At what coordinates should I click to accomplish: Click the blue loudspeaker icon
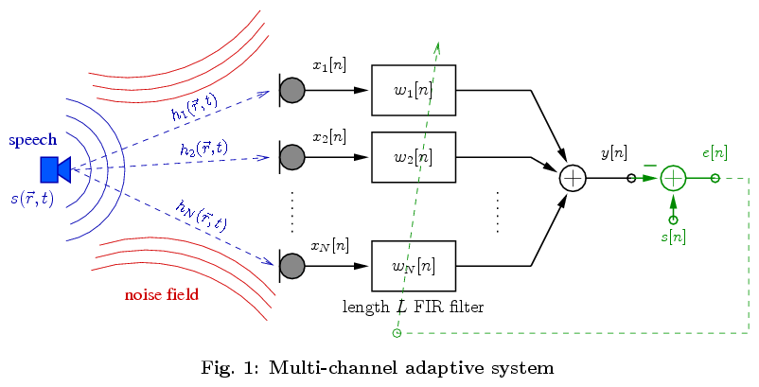pos(55,168)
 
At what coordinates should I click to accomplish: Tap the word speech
pos(33,140)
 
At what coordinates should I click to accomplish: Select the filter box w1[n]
pos(414,91)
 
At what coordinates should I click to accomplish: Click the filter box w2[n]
pos(414,157)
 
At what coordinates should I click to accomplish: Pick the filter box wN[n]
pos(414,266)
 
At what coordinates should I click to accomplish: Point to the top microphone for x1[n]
pos(291,90)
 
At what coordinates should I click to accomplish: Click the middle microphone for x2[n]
pos(291,157)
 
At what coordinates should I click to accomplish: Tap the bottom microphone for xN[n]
pos(291,266)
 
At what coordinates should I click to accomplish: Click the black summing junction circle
pos(573,178)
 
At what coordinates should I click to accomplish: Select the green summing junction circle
pos(673,178)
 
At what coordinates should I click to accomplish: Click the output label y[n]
pos(613,152)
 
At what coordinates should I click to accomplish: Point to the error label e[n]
pos(715,152)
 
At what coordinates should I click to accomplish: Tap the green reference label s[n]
pos(673,237)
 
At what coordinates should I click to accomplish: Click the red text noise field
pos(162,294)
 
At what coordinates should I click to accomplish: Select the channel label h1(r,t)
pos(194,107)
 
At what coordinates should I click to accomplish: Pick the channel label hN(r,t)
pos(202,216)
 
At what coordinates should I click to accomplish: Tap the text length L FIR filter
pos(413,307)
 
